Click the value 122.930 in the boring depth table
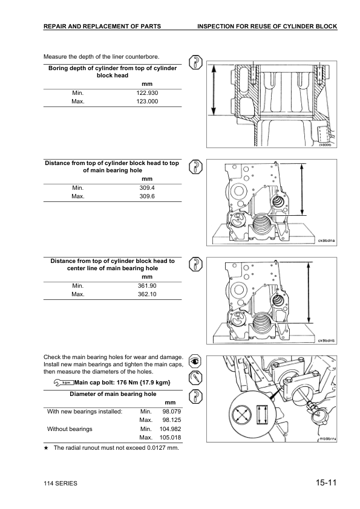147,93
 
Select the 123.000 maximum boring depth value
147,102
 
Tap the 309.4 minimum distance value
147,187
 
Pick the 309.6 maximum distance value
147,196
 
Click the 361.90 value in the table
147,286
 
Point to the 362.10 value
147,294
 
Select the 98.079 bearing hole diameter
172,411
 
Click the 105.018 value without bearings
170,437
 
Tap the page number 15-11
326,482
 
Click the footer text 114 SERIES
61,484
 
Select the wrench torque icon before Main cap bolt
64,383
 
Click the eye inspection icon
195,361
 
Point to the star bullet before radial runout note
46,448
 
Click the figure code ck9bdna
326,241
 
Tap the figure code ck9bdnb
326,340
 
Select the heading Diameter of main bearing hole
113,394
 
